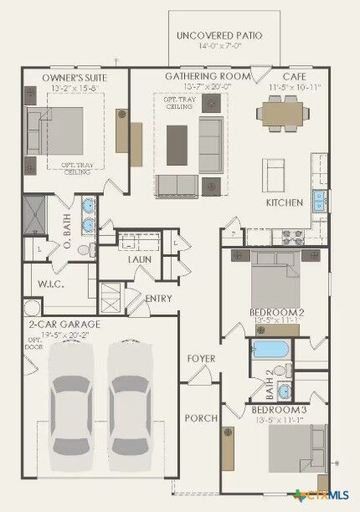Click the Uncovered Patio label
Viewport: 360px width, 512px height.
pos(219,36)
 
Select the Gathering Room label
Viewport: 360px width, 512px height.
pos(208,76)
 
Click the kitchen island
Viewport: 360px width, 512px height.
pos(275,174)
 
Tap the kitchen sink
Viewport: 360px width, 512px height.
pos(318,201)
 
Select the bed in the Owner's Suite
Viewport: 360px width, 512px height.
pos(59,130)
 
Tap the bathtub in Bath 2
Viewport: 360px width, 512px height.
pos(270,349)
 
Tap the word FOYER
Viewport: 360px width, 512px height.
pos(201,359)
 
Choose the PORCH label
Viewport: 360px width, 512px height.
pos(200,417)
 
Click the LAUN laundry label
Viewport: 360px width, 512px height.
pos(139,259)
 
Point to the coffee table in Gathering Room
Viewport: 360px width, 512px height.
pos(177,144)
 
